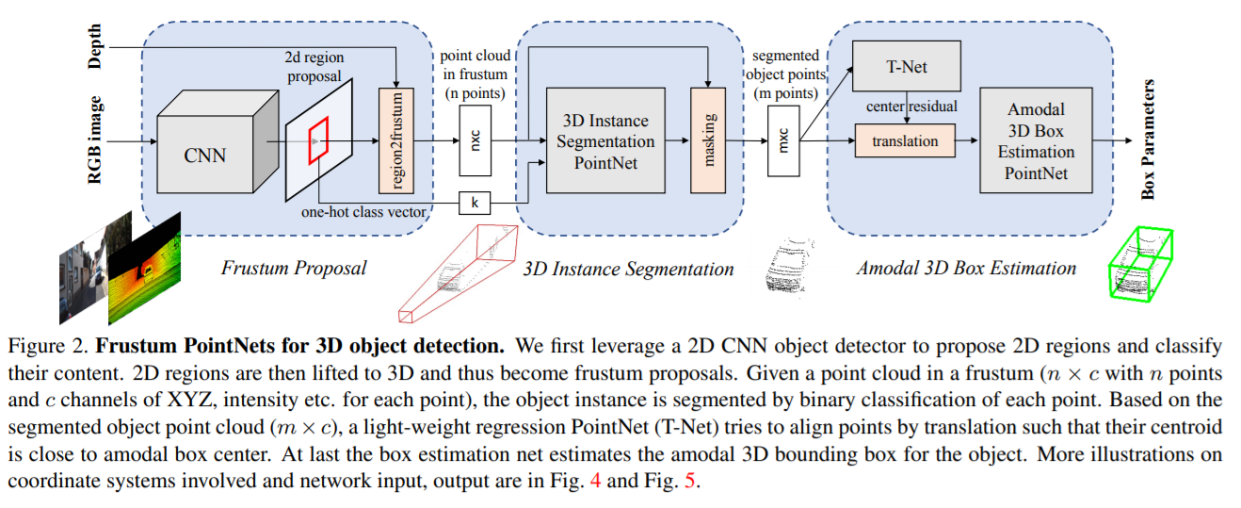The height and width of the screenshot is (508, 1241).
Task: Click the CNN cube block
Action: (x=205, y=154)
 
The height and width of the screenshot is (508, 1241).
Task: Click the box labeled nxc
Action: (x=475, y=140)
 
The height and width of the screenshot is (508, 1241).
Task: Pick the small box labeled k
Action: (x=475, y=201)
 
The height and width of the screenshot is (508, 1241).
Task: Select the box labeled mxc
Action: (x=783, y=140)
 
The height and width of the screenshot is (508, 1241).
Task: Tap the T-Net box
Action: (x=905, y=66)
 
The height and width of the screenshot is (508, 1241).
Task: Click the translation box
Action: (x=905, y=141)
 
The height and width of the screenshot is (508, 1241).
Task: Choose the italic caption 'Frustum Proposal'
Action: (x=294, y=268)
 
